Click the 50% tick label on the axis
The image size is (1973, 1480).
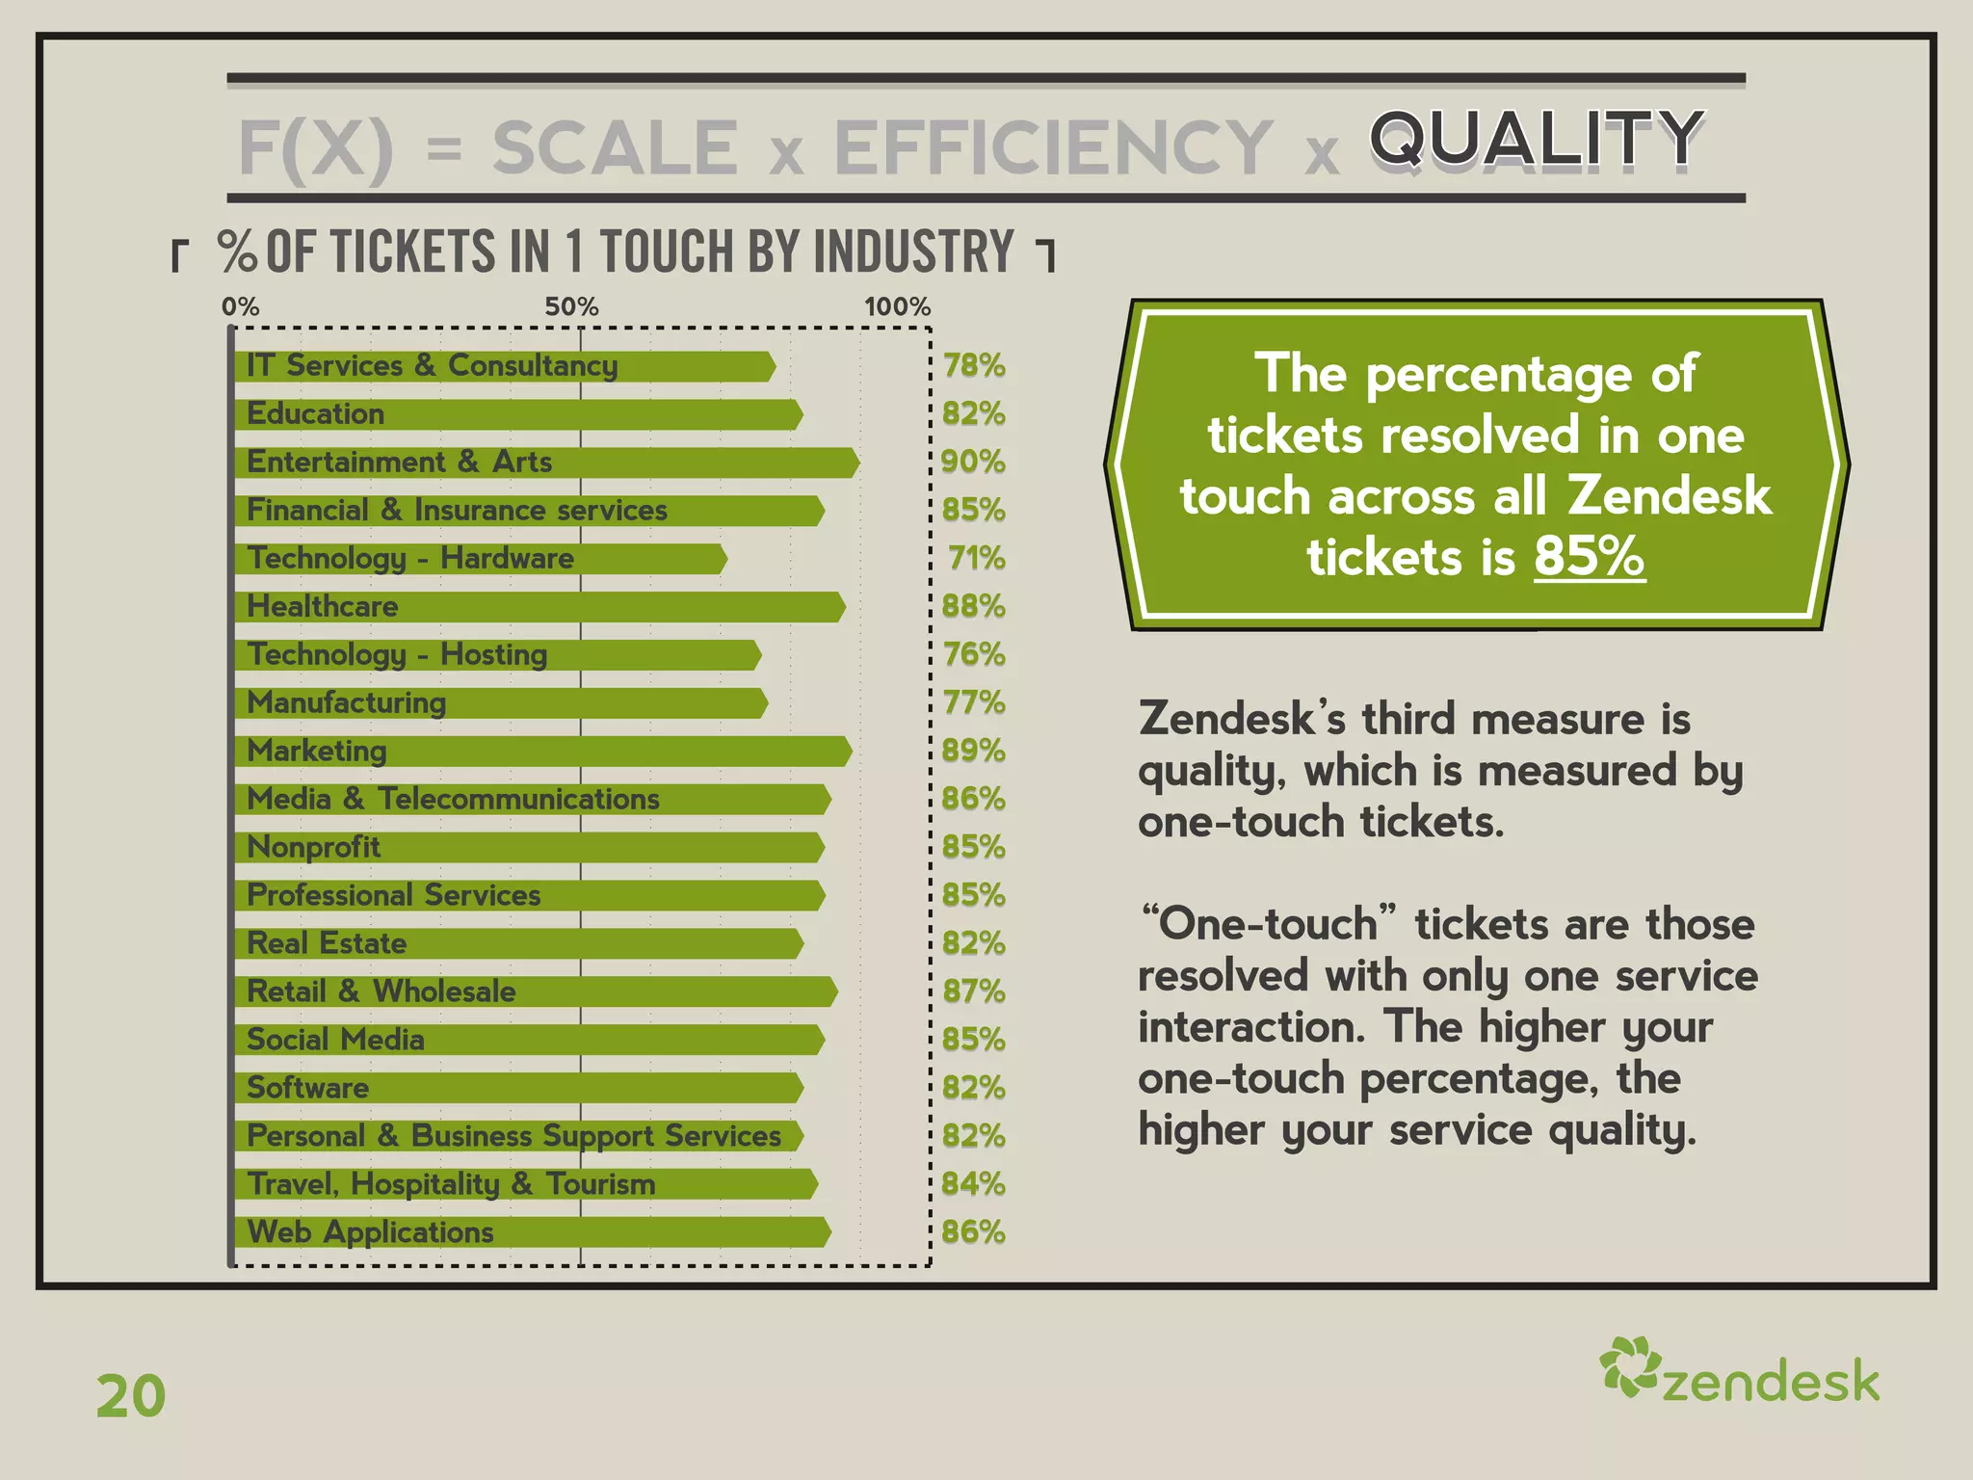[571, 307]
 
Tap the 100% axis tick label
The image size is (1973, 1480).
[897, 307]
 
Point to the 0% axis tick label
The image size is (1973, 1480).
[240, 307]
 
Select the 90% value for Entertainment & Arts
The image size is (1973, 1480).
[973, 462]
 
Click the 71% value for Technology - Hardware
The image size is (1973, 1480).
[976, 558]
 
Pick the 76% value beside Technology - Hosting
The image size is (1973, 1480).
[974, 654]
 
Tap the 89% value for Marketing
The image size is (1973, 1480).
[973, 751]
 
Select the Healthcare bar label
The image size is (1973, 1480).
[323, 606]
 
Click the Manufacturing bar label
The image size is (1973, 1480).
[347, 702]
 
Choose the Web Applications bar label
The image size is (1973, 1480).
[371, 1232]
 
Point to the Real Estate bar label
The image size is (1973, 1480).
[327, 943]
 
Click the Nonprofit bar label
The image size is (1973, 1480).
[314, 847]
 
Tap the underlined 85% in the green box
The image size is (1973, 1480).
[1589, 557]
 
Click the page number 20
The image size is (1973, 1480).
[131, 1396]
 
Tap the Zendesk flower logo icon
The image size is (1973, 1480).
[1629, 1366]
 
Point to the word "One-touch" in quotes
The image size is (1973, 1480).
[1268, 923]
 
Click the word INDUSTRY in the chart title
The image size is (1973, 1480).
[913, 252]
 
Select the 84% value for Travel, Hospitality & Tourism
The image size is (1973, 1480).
[973, 1184]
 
